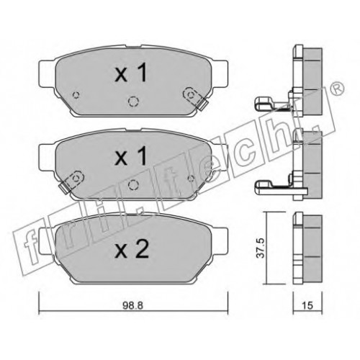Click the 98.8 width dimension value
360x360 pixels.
pyautogui.click(x=132, y=305)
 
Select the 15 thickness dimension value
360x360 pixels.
pyautogui.click(x=307, y=305)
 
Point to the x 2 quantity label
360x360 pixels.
pyautogui.click(x=132, y=249)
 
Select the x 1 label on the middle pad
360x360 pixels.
pyautogui.click(x=131, y=156)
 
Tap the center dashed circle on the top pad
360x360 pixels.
pyautogui.click(x=132, y=102)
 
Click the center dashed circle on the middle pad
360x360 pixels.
pyautogui.click(x=133, y=184)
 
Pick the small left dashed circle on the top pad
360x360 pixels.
pyautogui.click(x=76, y=95)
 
